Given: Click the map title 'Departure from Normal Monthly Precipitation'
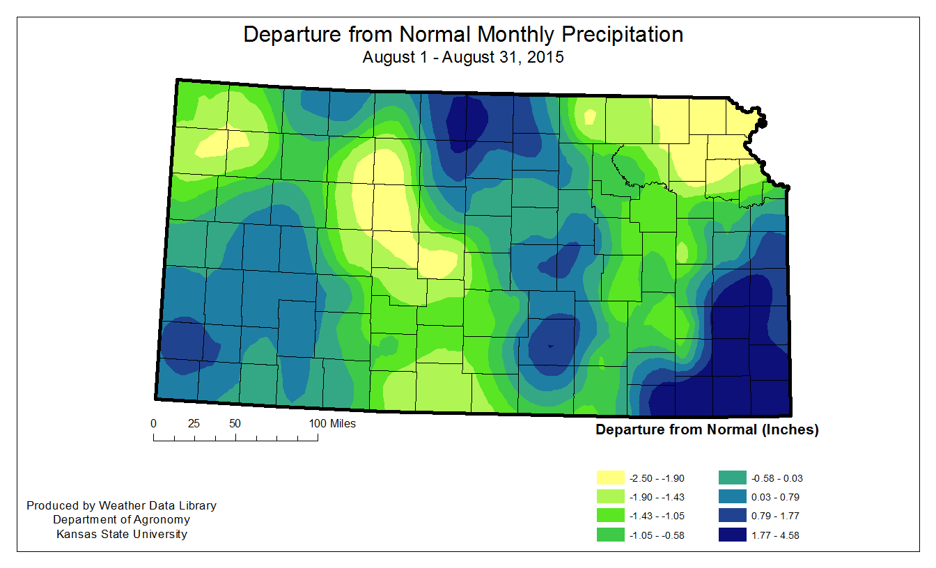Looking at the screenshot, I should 463,35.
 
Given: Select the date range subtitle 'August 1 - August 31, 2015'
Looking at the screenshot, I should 463,58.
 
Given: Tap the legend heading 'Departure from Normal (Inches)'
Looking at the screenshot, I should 707,429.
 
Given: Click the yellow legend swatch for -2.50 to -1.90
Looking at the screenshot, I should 611,478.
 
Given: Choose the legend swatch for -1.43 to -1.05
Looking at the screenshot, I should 611,516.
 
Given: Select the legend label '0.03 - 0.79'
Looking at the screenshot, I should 776,497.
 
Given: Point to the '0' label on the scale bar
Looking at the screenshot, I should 154,423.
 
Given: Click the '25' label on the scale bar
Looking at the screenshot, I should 194,423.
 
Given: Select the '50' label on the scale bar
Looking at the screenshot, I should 235,423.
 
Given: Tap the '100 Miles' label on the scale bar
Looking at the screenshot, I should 332,423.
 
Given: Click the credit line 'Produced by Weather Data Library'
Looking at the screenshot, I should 121,506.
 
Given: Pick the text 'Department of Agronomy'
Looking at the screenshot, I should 121,520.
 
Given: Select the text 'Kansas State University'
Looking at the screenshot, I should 121,535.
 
